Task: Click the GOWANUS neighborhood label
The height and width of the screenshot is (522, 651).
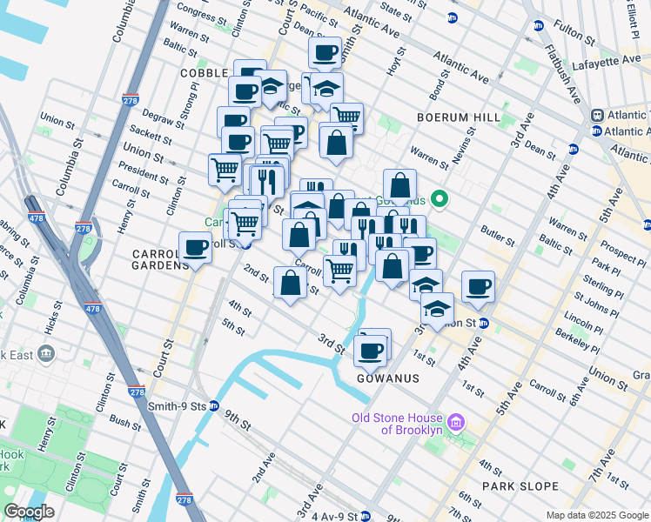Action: click(x=387, y=378)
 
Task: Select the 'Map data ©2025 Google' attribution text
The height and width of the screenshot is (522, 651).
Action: click(x=596, y=515)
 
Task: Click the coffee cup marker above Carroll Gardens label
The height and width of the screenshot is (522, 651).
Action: click(x=195, y=247)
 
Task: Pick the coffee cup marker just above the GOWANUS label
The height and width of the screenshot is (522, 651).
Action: click(x=371, y=350)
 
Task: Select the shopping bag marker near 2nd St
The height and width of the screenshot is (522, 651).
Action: click(x=290, y=282)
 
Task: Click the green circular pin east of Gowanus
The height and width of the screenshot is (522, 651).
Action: click(x=440, y=199)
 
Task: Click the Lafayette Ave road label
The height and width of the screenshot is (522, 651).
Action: click(x=619, y=62)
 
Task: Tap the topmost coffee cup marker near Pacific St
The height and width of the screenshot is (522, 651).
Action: click(x=325, y=52)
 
